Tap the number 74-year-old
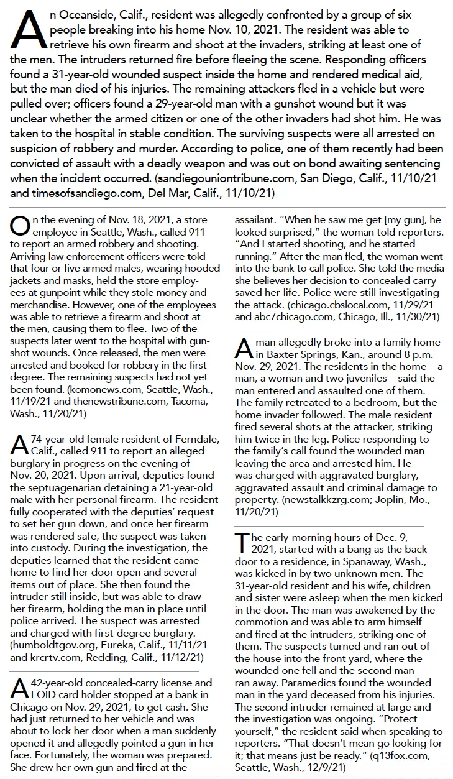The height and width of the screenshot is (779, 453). click(58, 440)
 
